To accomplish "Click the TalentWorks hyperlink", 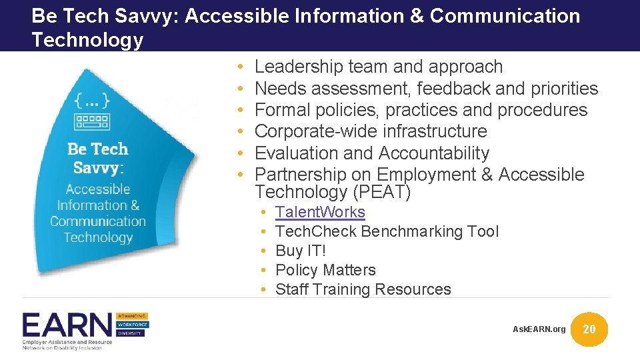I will pyautogui.click(x=320, y=213).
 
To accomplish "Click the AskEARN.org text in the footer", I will pyautogui.click(x=539, y=329).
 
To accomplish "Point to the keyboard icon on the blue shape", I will pyautogui.click(x=93, y=121).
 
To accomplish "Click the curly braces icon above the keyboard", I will pyautogui.click(x=92, y=101).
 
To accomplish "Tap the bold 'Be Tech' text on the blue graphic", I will pyautogui.click(x=98, y=149).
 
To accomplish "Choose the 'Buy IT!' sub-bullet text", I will pyautogui.click(x=301, y=251).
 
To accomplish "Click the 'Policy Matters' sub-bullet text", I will pyautogui.click(x=325, y=271).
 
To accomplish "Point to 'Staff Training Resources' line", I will pyautogui.click(x=363, y=290).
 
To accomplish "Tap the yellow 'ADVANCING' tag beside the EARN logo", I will pyautogui.click(x=133, y=315).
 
